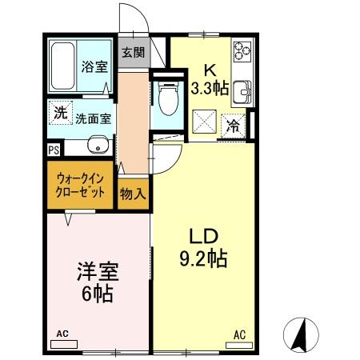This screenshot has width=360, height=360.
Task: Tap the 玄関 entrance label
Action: click(x=134, y=54)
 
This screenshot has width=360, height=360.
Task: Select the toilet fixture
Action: click(x=167, y=99)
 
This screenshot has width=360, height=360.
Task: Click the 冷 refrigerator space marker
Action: click(x=233, y=125)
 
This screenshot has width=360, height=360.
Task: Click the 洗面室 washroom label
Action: click(x=93, y=118)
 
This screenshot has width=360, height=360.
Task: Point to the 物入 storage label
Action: click(x=133, y=193)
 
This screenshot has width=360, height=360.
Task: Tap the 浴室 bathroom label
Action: click(x=94, y=67)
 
